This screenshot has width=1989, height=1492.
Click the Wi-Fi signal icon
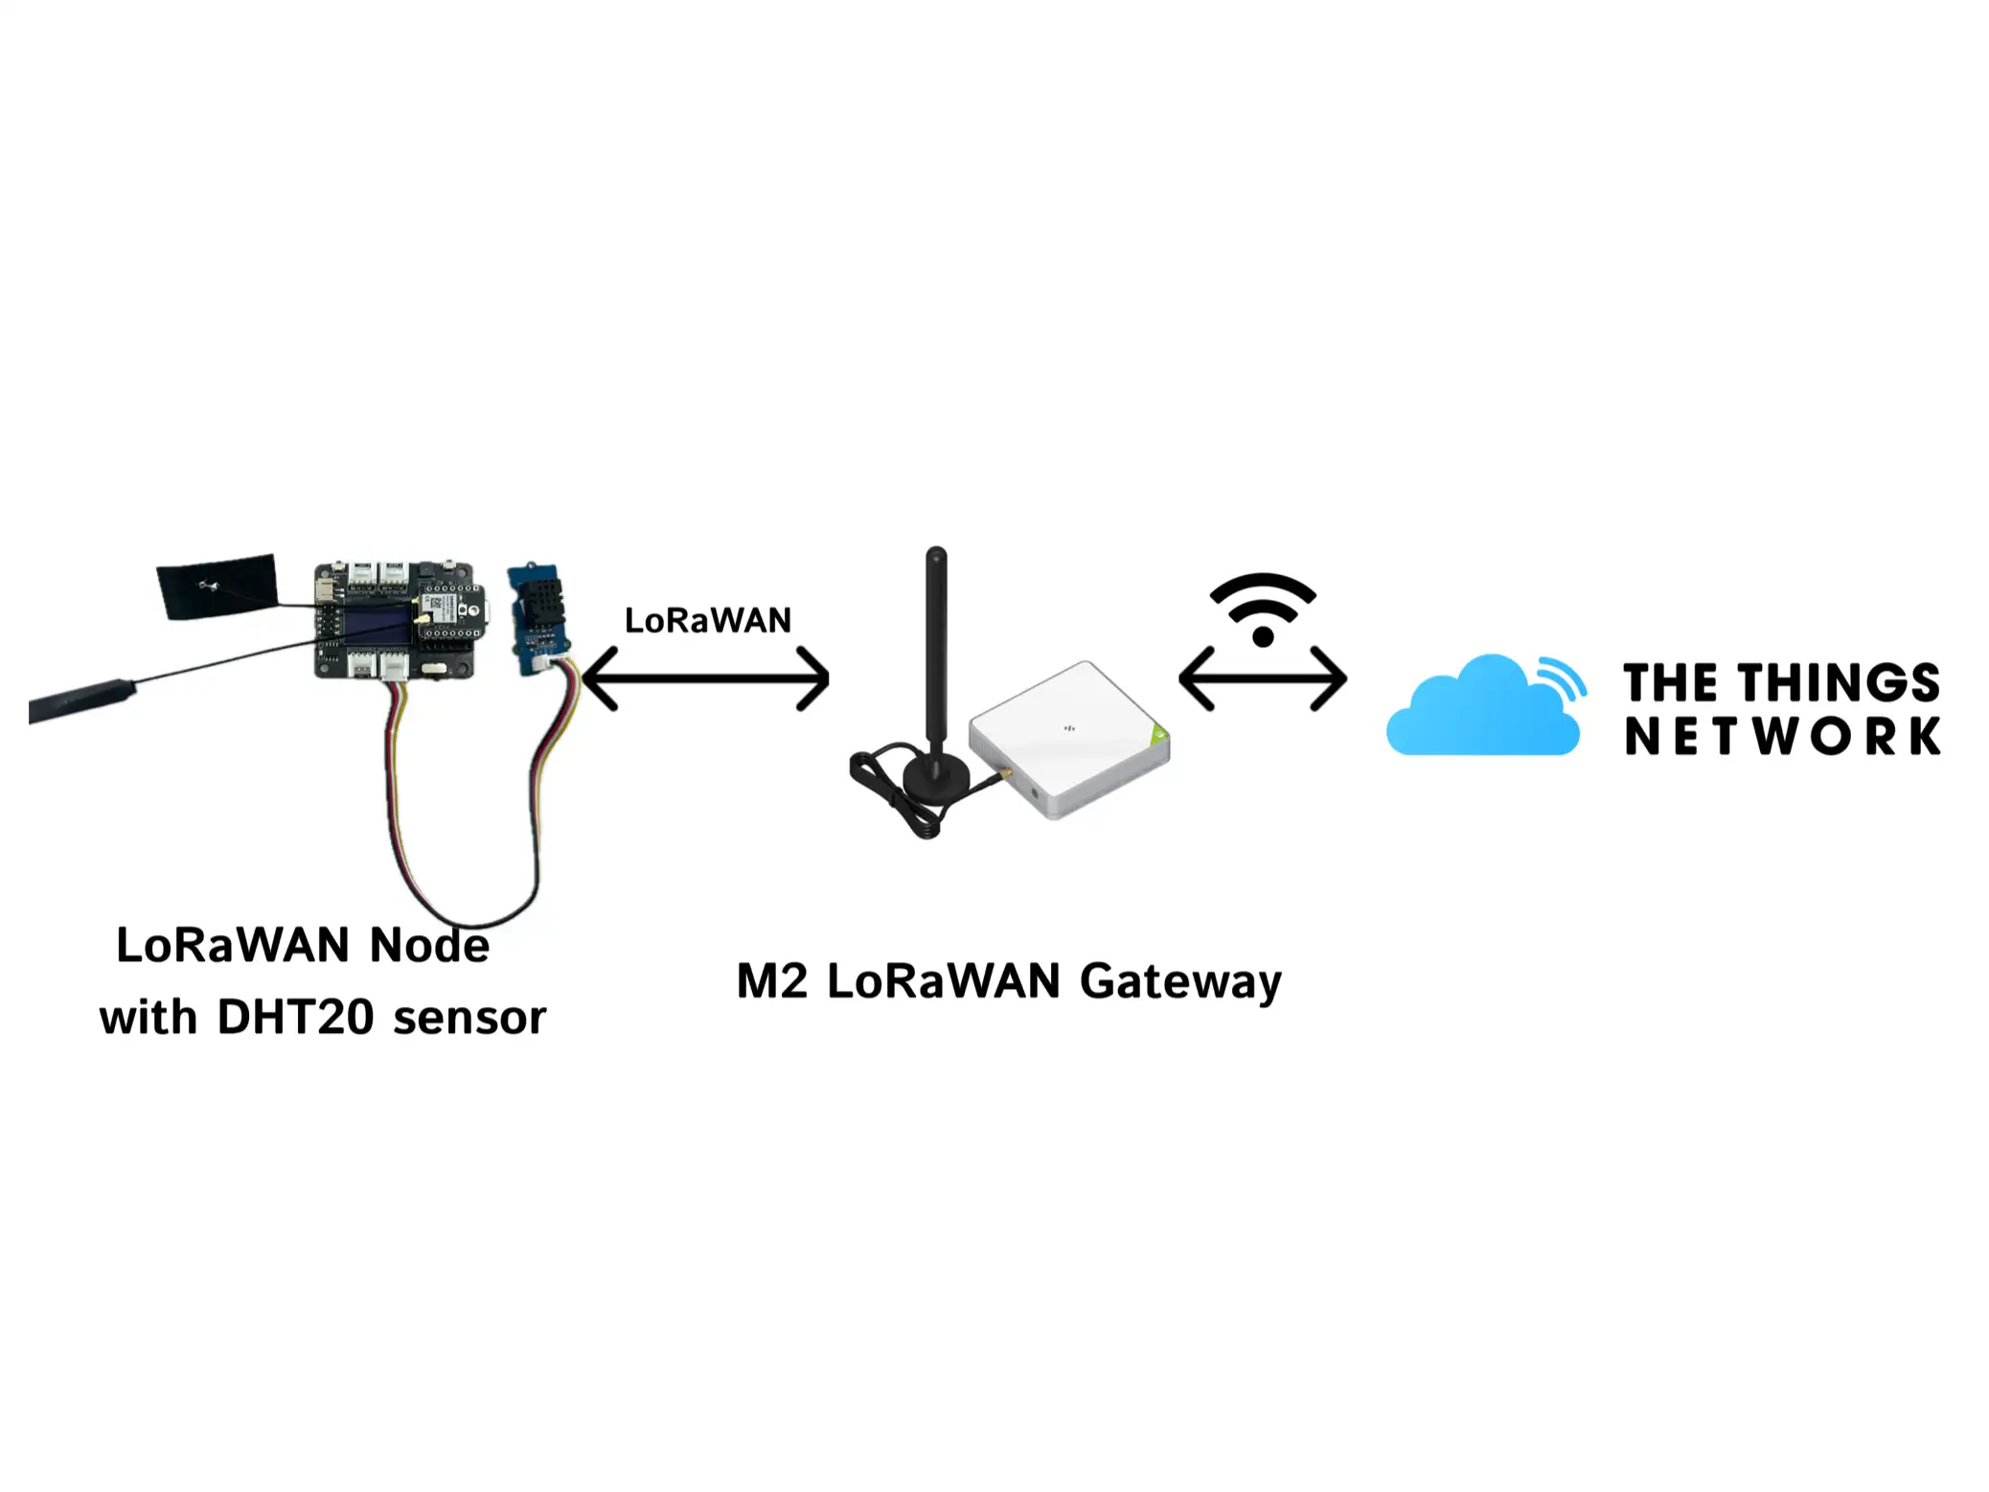coord(1262,610)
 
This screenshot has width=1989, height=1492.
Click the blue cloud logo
coord(1480,709)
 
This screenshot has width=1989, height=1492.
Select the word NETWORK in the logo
coord(1781,736)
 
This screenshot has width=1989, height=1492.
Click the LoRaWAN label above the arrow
coord(707,620)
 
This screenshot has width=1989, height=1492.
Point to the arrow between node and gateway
coord(705,678)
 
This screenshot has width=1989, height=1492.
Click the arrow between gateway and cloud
coord(1262,678)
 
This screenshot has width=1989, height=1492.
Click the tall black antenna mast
coord(936,652)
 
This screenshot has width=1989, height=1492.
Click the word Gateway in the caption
coord(1179,982)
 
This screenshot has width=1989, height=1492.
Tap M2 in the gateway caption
coord(772,981)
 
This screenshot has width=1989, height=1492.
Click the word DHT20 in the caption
coord(295,1017)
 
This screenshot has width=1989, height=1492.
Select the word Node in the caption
coord(429,946)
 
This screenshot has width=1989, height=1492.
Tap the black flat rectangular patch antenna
coord(218,585)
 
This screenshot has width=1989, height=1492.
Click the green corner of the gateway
coord(1160,735)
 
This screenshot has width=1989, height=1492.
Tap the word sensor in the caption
coord(469,1018)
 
